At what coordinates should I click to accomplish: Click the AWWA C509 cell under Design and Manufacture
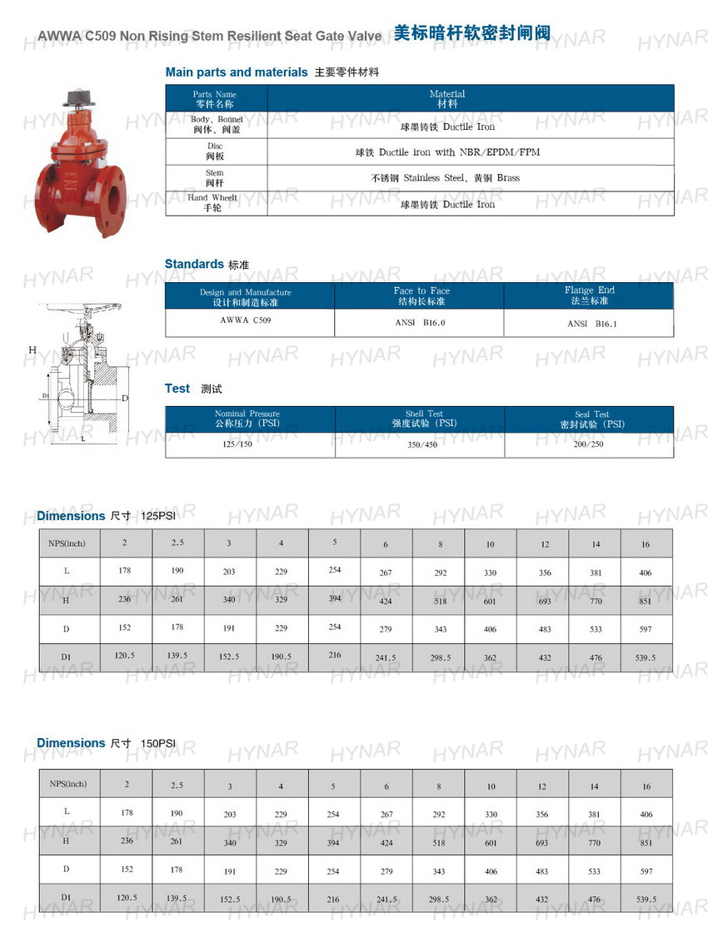coord(245,319)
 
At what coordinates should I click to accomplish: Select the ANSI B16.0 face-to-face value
coord(420,322)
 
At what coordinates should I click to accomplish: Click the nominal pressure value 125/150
coord(237,444)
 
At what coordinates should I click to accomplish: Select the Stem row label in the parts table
coord(214,177)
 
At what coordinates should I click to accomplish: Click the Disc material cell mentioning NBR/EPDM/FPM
coord(448,152)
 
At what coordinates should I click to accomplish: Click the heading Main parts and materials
coord(237,72)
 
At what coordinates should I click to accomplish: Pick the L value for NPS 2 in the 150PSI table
coord(127,813)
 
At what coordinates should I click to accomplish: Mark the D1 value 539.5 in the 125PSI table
coord(646,657)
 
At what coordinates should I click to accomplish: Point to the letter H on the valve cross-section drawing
coord(32,350)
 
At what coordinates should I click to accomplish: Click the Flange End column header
coord(589,295)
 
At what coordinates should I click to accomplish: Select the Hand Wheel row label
coord(213,202)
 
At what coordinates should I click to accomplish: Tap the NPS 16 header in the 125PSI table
coord(646,544)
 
